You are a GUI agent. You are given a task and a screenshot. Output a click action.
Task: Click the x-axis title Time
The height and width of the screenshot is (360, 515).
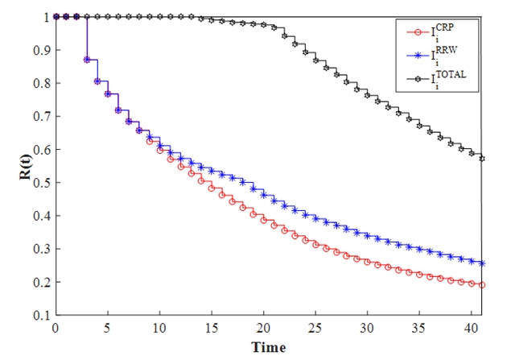[269, 348]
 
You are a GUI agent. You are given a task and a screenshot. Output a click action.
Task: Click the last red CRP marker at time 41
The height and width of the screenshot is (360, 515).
[482, 284]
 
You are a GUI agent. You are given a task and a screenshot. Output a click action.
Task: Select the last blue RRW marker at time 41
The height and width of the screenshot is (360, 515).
[482, 263]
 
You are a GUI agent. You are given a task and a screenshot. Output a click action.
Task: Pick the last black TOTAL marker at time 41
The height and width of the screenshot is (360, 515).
[482, 158]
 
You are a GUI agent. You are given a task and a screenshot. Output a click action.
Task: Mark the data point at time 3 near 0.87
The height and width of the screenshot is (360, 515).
[86, 60]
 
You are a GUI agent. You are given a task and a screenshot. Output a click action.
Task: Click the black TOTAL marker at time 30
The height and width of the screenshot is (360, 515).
[368, 95]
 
